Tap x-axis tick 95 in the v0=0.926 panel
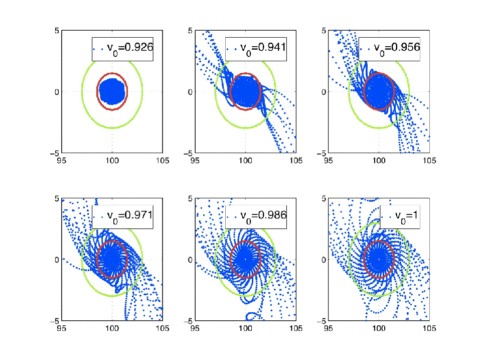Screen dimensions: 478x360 [61, 161]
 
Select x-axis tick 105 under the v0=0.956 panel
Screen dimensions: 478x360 [429, 161]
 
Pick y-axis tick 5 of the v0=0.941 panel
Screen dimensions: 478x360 [190, 31]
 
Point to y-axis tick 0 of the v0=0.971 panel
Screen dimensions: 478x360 [57, 260]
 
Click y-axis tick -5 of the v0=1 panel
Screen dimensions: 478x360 [322, 321]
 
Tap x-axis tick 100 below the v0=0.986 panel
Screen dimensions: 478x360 [245, 328]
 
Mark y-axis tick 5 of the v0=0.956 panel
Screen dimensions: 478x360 [324, 31]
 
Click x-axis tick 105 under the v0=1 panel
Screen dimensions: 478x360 [429, 328]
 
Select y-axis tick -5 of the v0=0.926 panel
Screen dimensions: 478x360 [55, 153]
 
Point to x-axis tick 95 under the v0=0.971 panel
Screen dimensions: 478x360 [61, 328]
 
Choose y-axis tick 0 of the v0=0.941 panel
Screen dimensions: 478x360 [190, 92]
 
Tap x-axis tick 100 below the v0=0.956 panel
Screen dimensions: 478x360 [379, 161]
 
